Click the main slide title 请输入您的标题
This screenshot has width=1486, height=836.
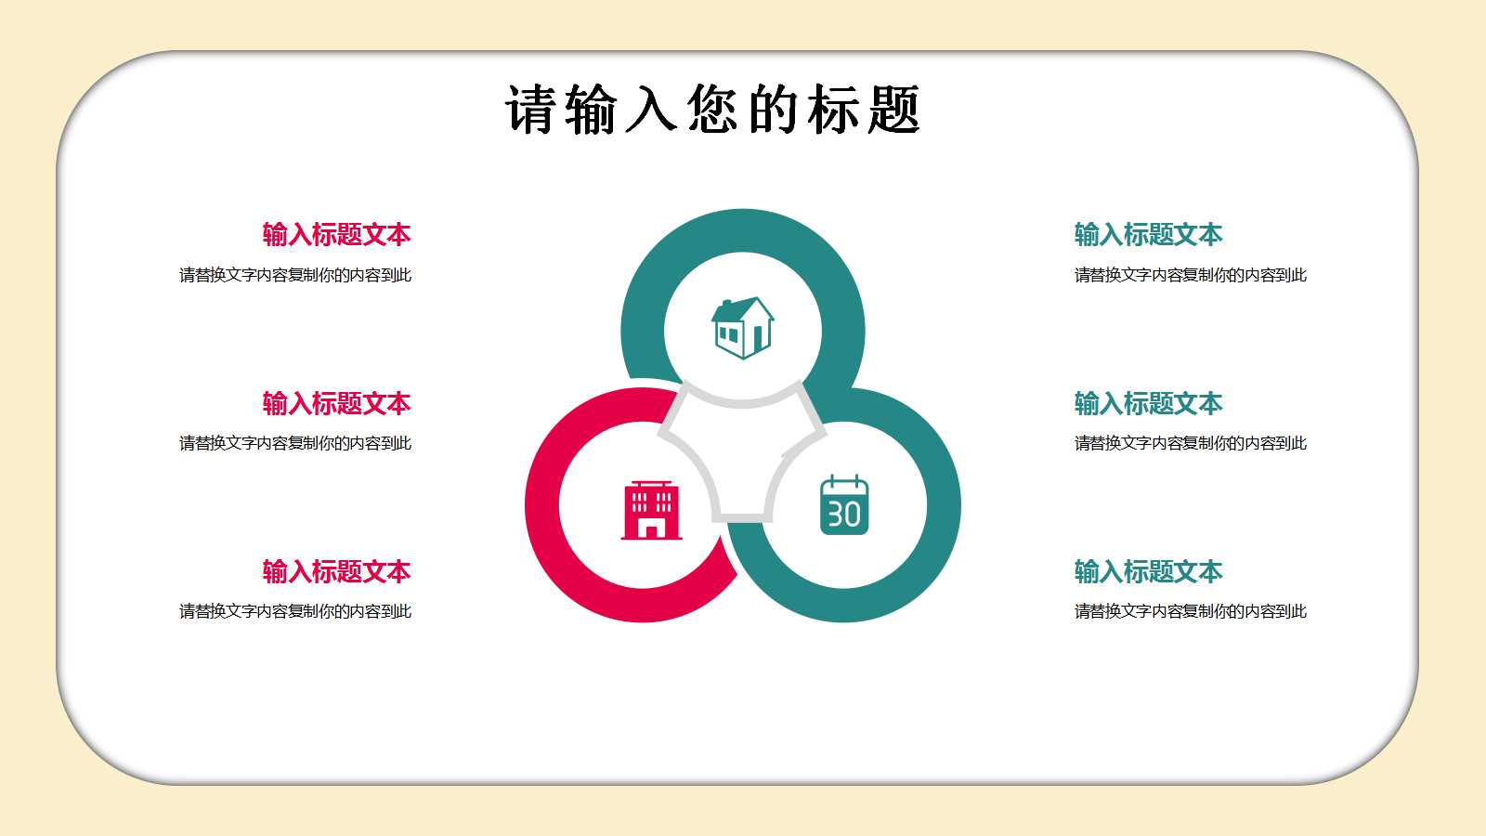pyautogui.click(x=712, y=110)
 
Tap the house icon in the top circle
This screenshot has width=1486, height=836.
pyautogui.click(x=743, y=327)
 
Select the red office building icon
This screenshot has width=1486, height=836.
pyautogui.click(x=651, y=510)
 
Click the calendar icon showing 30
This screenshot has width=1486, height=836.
pyautogui.click(x=844, y=506)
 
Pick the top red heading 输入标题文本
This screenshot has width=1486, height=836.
pyautogui.click(x=336, y=234)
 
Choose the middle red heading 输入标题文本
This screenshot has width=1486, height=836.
pyautogui.click(x=336, y=403)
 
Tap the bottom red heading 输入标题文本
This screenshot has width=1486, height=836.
pyautogui.click(x=336, y=571)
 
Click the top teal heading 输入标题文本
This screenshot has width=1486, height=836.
pyautogui.click(x=1148, y=234)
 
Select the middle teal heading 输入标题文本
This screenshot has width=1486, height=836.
pyautogui.click(x=1148, y=403)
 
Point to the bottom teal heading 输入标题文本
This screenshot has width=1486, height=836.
pyautogui.click(x=1148, y=571)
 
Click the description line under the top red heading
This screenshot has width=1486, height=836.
pyautogui.click(x=295, y=275)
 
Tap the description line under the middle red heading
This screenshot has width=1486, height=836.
pyautogui.click(x=295, y=443)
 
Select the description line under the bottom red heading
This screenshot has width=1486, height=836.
pyautogui.click(x=295, y=611)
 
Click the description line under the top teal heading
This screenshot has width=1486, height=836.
pyautogui.click(x=1191, y=275)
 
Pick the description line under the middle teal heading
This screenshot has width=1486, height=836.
pyautogui.click(x=1191, y=443)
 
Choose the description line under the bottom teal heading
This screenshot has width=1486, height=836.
pyautogui.click(x=1191, y=611)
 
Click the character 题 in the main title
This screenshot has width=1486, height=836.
pyautogui.click(x=894, y=110)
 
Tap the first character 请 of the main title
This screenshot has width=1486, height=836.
pyautogui.click(x=531, y=110)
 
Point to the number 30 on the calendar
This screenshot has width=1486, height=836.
pyautogui.click(x=844, y=515)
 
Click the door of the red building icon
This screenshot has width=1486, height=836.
pyautogui.click(x=651, y=530)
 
